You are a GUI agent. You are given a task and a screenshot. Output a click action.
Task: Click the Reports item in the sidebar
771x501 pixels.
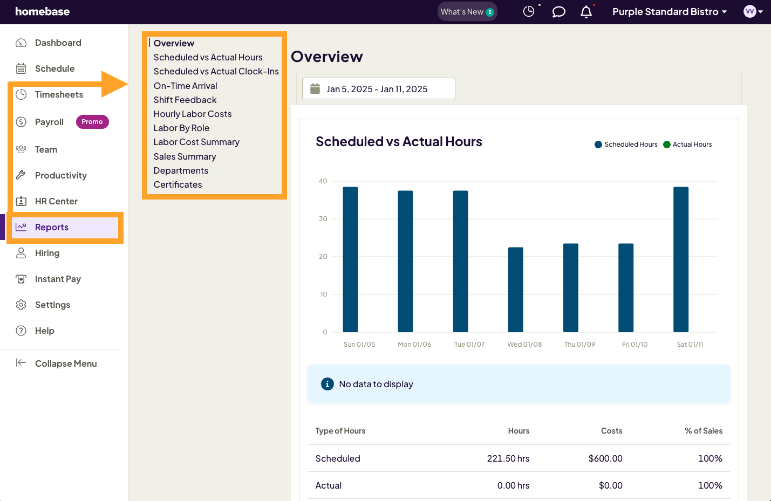pyautogui.click(x=52, y=227)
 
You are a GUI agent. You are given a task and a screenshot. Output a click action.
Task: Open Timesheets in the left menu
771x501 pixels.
pyautogui.click(x=59, y=94)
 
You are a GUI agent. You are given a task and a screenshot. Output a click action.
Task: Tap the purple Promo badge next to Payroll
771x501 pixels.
pyautogui.click(x=92, y=122)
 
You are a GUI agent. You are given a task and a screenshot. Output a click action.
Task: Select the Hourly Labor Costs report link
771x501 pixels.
pyautogui.click(x=193, y=114)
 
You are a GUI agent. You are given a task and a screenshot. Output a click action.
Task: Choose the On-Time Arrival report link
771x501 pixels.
pyautogui.click(x=185, y=86)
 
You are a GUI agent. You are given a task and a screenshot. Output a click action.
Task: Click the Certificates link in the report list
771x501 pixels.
pyautogui.click(x=178, y=184)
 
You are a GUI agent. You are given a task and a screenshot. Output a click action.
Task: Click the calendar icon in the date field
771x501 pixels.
pyautogui.click(x=315, y=89)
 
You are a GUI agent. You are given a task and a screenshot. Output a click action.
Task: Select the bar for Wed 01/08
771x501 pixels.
pyautogui.click(x=515, y=290)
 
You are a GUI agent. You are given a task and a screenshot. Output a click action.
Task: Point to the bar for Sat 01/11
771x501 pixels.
pyautogui.click(x=681, y=259)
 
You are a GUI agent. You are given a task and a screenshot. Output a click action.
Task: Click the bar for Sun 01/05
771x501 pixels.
pyautogui.click(x=350, y=259)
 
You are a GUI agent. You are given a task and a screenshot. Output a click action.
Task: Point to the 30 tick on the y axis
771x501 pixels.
pyautogui.click(x=323, y=219)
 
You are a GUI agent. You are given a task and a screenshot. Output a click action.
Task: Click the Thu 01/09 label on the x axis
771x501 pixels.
pyautogui.click(x=579, y=345)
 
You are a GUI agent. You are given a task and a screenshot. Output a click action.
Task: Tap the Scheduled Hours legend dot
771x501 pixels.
pyautogui.click(x=598, y=145)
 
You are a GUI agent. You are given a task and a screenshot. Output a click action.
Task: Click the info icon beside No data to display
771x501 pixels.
pyautogui.click(x=327, y=384)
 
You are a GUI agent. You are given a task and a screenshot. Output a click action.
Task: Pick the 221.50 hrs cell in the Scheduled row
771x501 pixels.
pyautogui.click(x=508, y=458)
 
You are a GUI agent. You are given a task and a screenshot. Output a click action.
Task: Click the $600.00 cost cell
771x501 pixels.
pyautogui.click(x=605, y=458)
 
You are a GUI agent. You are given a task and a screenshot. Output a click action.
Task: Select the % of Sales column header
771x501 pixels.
pyautogui.click(x=703, y=431)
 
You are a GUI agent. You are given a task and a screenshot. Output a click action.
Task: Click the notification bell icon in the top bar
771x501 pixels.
pyautogui.click(x=586, y=12)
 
